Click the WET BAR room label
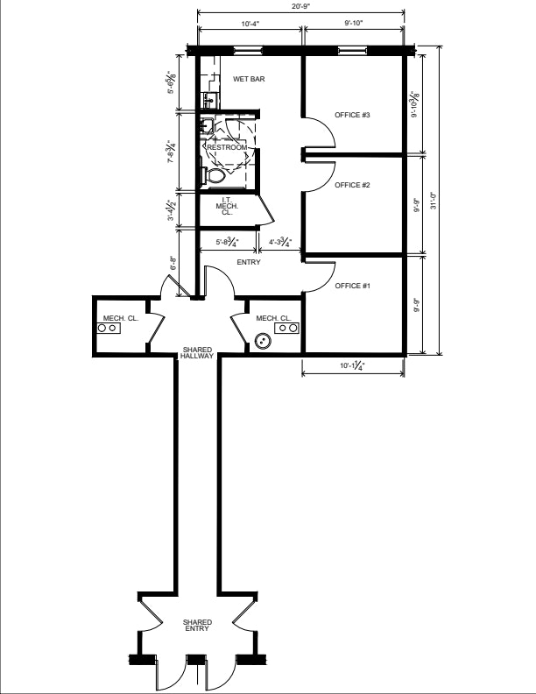(x=249, y=79)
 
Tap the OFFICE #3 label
(x=352, y=115)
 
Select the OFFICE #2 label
(x=352, y=185)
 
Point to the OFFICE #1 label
(x=352, y=286)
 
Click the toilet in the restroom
(x=214, y=176)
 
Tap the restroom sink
(x=207, y=126)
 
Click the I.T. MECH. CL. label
(x=227, y=206)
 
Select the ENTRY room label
(x=249, y=263)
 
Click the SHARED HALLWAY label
(x=197, y=353)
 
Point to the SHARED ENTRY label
(x=197, y=626)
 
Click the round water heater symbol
(x=263, y=341)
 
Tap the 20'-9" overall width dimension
(x=300, y=7)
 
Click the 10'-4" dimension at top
(x=250, y=24)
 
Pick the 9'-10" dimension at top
(x=354, y=23)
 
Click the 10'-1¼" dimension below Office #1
(x=352, y=366)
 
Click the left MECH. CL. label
(x=120, y=318)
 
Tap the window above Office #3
(x=352, y=50)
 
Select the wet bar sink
(x=208, y=100)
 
